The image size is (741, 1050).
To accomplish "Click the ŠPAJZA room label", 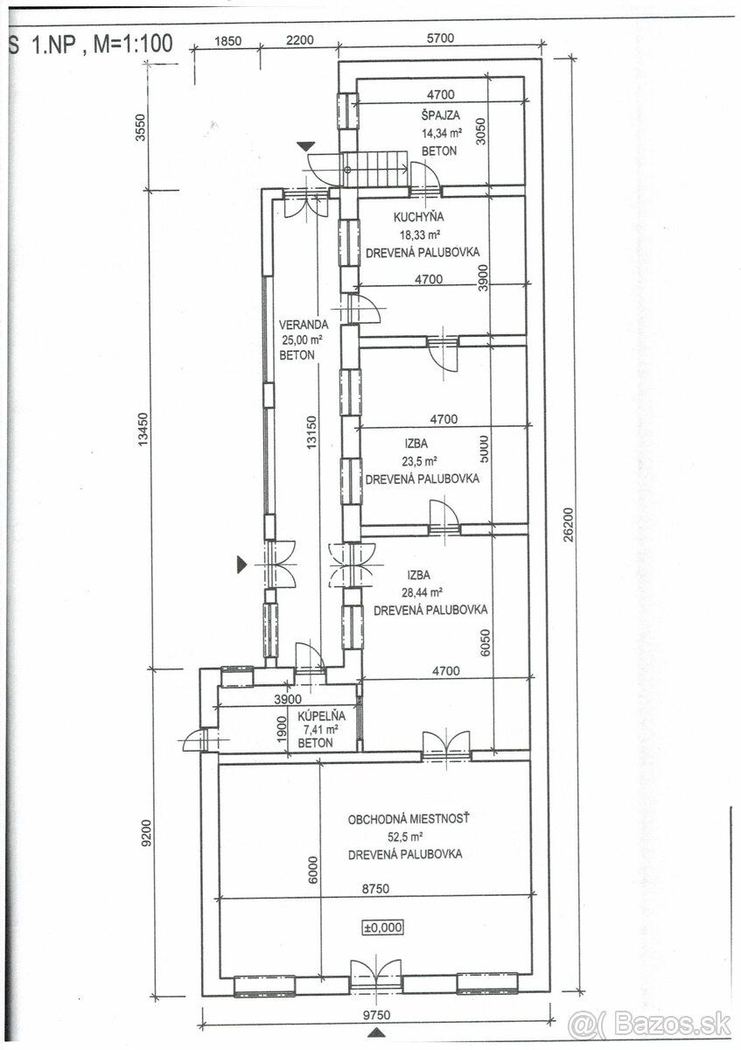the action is coord(440,115).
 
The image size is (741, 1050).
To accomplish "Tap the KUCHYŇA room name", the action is coord(418,217).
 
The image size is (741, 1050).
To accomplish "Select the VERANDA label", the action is coord(304,325).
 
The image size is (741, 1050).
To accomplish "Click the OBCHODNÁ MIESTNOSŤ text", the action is coord(409,819).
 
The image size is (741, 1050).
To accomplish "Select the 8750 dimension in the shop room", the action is coord(375,888).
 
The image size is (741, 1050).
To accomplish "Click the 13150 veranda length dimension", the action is coord(311,432).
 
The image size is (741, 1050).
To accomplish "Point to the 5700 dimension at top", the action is coord(441,38).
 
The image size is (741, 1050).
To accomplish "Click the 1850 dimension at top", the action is coord(227,40).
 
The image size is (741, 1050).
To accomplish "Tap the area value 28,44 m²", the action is coord(423,592).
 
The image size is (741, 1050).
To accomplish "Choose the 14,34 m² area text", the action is coord(442,133).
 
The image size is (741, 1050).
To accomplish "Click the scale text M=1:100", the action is coord(133,44).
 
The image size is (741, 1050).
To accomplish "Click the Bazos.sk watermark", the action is coord(649,1025).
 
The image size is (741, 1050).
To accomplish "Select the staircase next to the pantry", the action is coord(374,169).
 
